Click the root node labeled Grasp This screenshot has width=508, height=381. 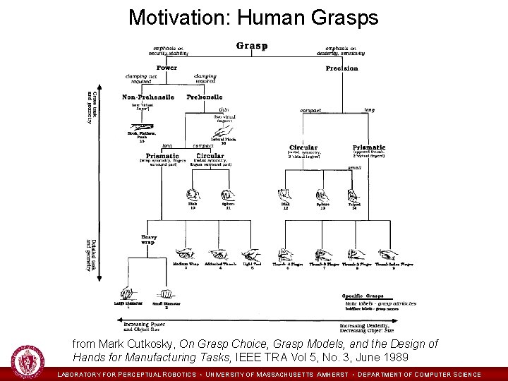252,46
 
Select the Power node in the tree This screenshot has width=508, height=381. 167,68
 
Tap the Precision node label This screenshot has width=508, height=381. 341,68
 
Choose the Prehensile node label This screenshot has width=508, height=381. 205,97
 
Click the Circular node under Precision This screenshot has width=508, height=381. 303,147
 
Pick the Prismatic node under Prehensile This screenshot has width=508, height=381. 162,155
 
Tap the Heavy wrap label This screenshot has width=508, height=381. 149,239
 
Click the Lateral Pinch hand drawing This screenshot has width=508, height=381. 223,131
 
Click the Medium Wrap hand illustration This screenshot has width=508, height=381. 186,254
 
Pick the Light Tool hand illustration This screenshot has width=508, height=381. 250,254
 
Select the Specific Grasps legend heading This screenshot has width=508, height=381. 363,296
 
